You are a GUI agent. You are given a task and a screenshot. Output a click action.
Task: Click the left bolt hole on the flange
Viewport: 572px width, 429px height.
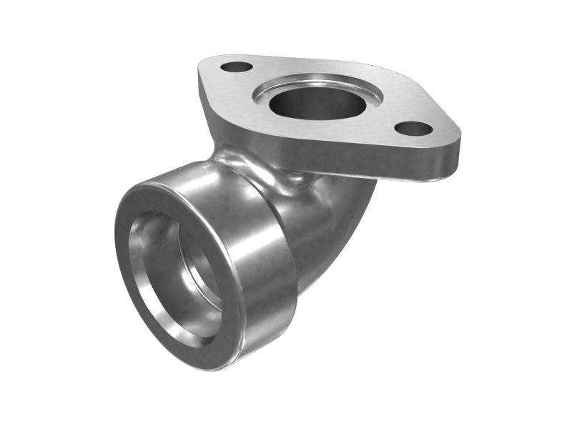[237, 67]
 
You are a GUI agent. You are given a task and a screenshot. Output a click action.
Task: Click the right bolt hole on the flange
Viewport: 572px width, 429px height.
[413, 129]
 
